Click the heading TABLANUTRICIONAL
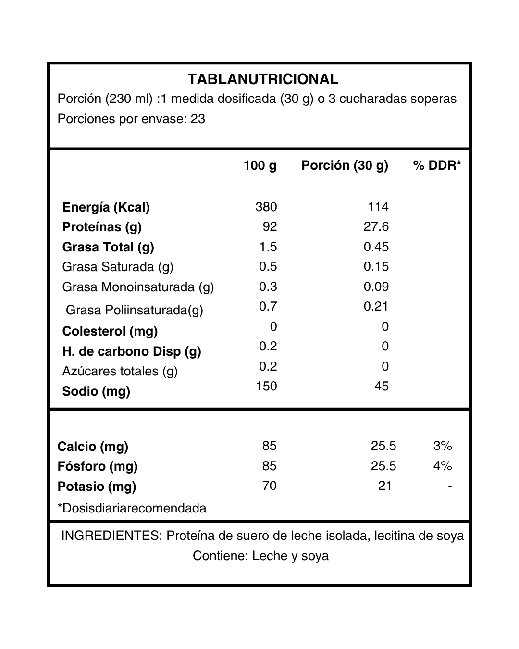click(263, 79)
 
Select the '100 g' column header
click(260, 166)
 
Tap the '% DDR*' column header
click(437, 166)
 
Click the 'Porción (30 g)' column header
click(345, 166)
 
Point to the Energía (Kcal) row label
click(106, 207)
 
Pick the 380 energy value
click(266, 207)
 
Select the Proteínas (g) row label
click(102, 227)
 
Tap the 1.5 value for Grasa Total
click(268, 247)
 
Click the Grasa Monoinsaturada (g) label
click(138, 287)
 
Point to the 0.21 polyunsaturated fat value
click(376, 307)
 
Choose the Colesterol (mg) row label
click(110, 331)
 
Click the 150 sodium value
click(266, 387)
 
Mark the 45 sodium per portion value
click(382, 387)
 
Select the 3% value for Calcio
click(442, 446)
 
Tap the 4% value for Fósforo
click(442, 466)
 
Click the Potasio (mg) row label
click(97, 487)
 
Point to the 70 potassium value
click(270, 486)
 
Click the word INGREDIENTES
click(111, 536)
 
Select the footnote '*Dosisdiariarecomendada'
click(132, 508)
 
